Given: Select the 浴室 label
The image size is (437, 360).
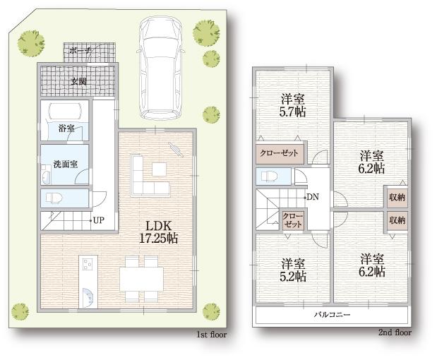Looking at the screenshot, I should [x=66, y=128].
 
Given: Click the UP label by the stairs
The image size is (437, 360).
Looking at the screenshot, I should [x=98, y=220].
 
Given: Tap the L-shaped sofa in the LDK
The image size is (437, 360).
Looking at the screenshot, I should [x=149, y=177].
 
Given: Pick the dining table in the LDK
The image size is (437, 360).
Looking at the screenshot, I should [x=141, y=277].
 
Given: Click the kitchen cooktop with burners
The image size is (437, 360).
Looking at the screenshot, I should [x=88, y=265].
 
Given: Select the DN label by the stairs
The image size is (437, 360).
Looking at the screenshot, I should [x=313, y=197].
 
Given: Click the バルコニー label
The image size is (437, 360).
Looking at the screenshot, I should [x=332, y=314].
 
